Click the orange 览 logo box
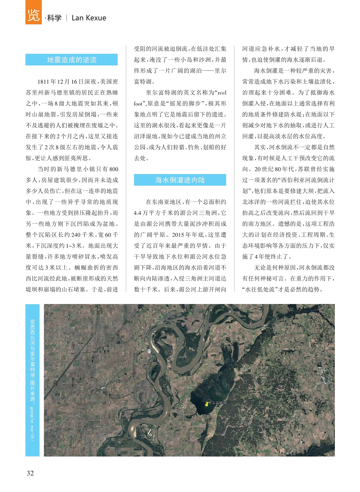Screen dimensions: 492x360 (33, 12)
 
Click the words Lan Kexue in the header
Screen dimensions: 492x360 (89, 18)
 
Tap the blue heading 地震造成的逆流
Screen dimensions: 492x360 (72, 60)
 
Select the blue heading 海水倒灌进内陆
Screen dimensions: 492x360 (180, 180)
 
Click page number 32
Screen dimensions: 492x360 (30, 473)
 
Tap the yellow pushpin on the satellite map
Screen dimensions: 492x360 (207, 404)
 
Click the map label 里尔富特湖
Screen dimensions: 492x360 (217, 403)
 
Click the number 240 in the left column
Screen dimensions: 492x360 (76, 235)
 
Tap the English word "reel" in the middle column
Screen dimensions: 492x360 (222, 93)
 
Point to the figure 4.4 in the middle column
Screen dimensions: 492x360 (137, 213)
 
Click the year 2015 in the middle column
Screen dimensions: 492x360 (178, 235)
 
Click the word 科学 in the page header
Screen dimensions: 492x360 (54, 18)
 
